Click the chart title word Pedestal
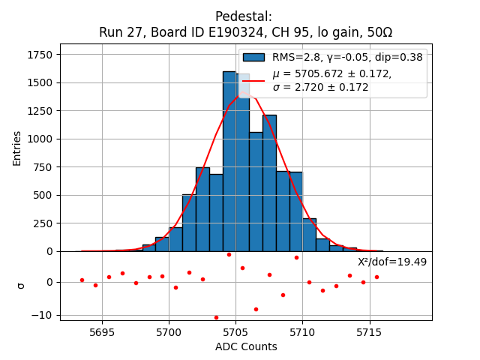click(x=244, y=16)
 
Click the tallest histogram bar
click(x=229, y=161)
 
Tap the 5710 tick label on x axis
click(x=301, y=331)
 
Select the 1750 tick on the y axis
click(x=39, y=55)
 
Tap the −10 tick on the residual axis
click(x=43, y=315)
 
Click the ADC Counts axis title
click(x=246, y=346)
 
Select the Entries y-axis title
click(x=17, y=148)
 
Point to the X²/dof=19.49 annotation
click(x=391, y=262)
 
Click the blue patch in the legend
click(x=253, y=57)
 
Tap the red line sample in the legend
click(x=253, y=80)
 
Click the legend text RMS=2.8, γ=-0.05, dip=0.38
click(x=347, y=57)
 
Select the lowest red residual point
click(x=216, y=317)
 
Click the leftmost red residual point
click(x=82, y=280)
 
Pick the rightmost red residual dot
click(x=376, y=277)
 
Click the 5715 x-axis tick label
click(x=368, y=331)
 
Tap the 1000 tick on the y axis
click(x=39, y=139)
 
